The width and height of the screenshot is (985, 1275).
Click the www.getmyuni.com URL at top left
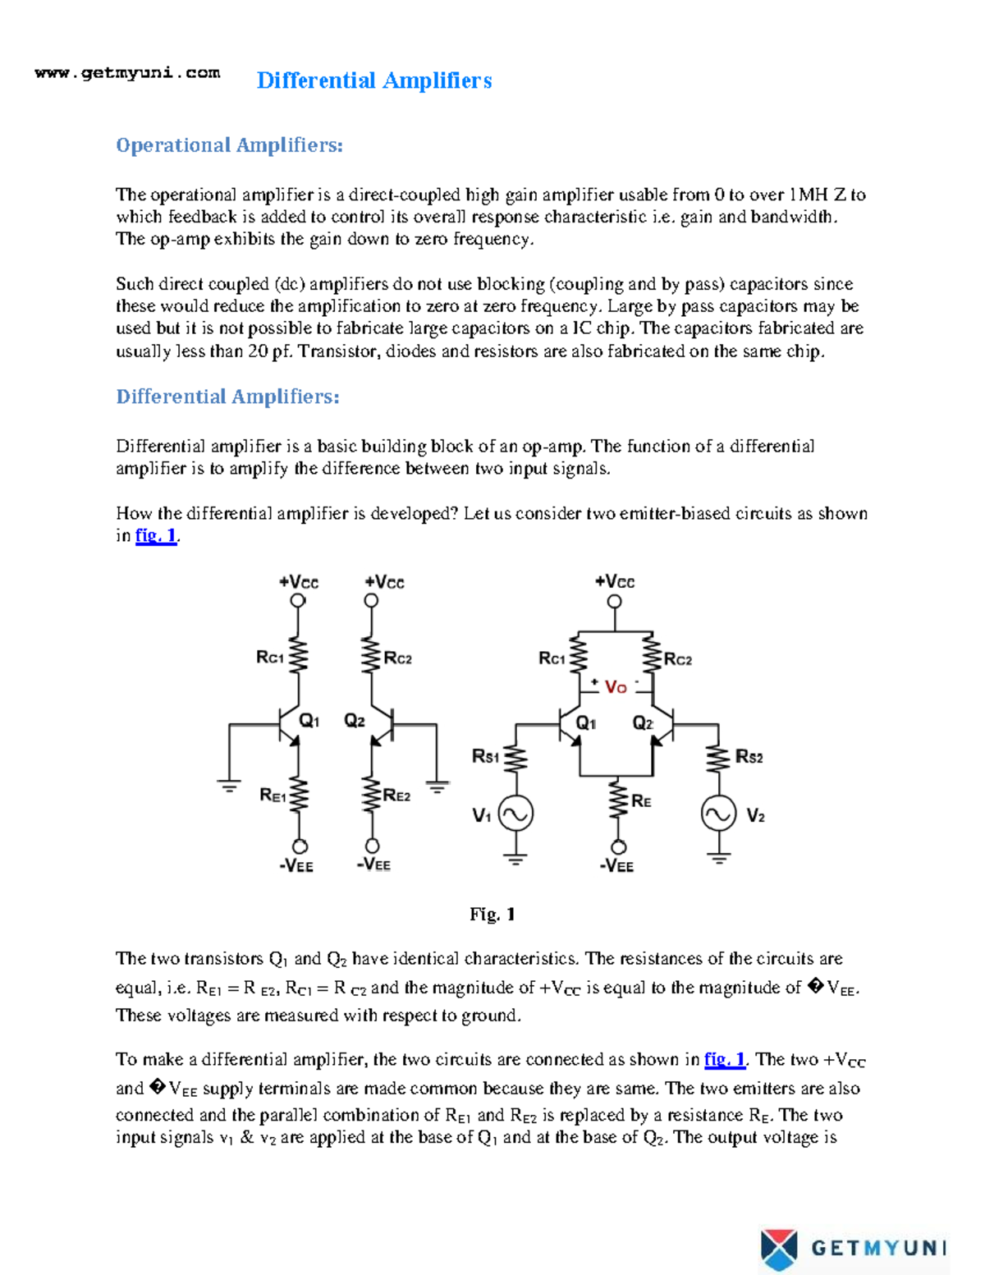click(127, 73)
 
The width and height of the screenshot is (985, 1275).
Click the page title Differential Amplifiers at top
click(373, 80)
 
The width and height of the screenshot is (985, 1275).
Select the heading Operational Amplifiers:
click(229, 145)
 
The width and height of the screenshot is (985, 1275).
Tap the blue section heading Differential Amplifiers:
click(227, 397)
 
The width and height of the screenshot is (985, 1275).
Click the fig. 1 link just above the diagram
click(156, 536)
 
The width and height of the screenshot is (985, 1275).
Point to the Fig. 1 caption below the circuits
click(492, 914)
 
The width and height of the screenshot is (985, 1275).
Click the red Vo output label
click(616, 687)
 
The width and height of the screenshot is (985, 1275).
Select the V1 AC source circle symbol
click(515, 814)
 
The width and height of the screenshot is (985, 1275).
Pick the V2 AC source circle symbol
click(718, 814)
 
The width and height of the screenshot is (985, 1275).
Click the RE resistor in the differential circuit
click(619, 800)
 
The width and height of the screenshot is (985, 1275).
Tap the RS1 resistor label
click(485, 756)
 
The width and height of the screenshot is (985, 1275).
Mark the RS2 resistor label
click(749, 757)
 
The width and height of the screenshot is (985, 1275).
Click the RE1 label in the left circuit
click(273, 795)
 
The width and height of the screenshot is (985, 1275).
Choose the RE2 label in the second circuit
click(397, 795)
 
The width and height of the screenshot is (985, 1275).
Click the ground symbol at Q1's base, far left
click(229, 787)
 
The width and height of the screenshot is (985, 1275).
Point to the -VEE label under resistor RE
click(616, 865)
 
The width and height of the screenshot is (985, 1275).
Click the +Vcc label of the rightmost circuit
click(615, 582)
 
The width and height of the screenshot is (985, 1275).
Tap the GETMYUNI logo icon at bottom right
click(778, 1249)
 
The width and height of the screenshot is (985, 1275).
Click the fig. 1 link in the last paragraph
click(725, 1060)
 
